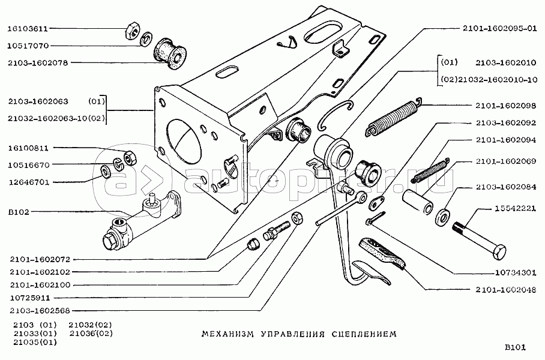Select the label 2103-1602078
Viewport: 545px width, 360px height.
click(x=37, y=62)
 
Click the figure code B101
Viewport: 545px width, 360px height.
click(x=515, y=347)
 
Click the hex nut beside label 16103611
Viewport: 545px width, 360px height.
click(x=133, y=28)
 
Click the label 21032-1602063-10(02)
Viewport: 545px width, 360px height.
click(x=57, y=118)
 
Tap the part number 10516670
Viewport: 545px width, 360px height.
click(x=28, y=164)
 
